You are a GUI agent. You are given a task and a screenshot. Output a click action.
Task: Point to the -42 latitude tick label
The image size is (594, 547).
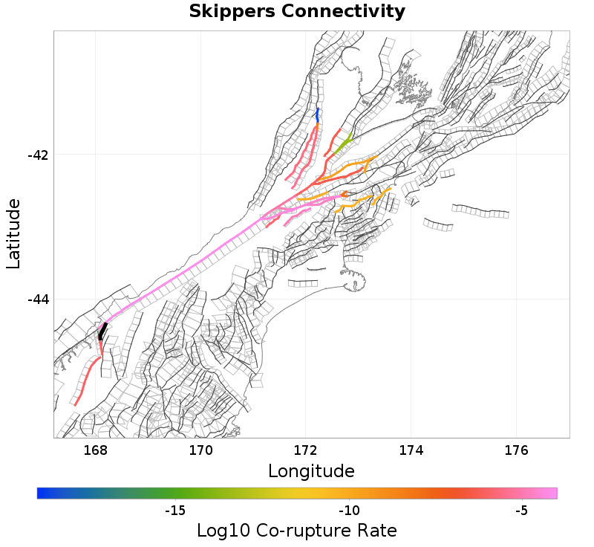tap(38, 155)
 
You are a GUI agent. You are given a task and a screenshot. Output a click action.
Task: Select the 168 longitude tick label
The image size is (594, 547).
tap(96, 450)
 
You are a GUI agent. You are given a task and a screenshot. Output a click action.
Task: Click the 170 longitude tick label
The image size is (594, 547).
tap(201, 450)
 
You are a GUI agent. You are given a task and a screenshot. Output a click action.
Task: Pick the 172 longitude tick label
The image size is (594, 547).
tap(306, 450)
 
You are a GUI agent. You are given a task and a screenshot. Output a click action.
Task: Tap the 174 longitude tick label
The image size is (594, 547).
tap(411, 450)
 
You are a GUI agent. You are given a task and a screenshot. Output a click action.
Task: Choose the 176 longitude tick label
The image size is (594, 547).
tap(516, 450)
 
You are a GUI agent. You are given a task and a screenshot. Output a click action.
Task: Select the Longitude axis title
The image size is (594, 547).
tap(311, 471)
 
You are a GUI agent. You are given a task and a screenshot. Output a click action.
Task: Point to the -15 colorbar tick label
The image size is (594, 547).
tap(174, 511)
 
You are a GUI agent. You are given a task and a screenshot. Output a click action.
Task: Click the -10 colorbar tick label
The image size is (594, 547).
tap(349, 511)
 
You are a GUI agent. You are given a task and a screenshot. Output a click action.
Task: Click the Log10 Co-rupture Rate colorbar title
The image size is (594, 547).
tap(297, 531)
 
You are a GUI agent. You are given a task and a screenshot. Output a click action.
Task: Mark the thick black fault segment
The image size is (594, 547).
tap(102, 331)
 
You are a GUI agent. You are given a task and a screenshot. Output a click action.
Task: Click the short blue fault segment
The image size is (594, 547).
tap(318, 115)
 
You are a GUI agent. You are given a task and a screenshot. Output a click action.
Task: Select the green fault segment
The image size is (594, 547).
tap(342, 145)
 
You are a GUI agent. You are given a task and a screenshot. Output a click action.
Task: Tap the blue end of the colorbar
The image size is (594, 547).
tap(42, 493)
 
